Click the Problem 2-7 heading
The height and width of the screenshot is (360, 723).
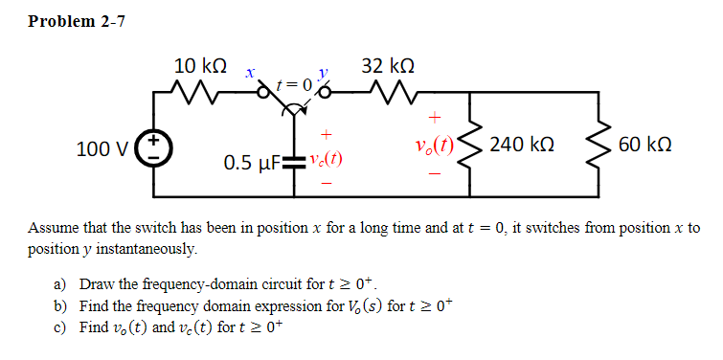[77, 21]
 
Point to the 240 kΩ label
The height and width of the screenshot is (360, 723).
[522, 146]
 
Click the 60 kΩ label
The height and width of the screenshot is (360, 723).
[645, 146]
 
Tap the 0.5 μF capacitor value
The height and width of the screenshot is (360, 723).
[251, 163]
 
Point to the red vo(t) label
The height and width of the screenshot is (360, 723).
[435, 146]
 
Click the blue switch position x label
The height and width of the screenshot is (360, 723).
[248, 73]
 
